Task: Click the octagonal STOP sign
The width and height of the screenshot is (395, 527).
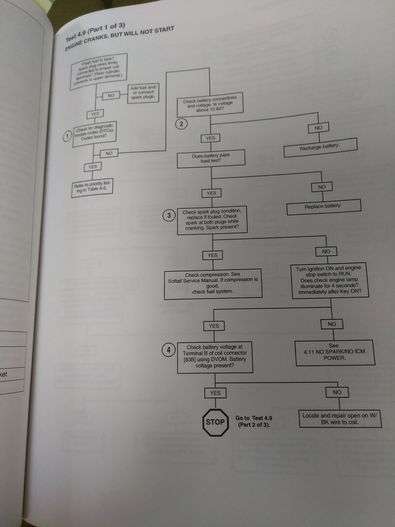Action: point(215,422)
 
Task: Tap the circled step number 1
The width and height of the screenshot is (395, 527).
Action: point(67,136)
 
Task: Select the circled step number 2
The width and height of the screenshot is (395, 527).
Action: point(181,124)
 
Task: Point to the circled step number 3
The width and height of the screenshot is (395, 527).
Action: point(169,216)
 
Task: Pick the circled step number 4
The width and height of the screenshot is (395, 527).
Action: point(169,350)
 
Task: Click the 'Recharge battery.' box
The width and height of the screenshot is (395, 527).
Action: point(320,147)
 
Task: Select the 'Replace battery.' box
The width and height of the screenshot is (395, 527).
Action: point(323,207)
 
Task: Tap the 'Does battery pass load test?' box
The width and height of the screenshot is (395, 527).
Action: point(211,158)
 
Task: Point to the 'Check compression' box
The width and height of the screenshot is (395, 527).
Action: point(213,283)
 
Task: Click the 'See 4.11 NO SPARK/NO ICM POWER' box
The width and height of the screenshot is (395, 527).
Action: point(334,352)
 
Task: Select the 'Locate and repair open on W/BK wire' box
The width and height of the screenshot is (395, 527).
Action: point(340,419)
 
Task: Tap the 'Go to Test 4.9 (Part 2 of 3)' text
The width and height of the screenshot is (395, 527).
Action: point(254,421)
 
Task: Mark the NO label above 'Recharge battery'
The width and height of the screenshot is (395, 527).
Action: point(318,128)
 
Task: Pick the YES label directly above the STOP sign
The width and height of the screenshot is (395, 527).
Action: point(215,393)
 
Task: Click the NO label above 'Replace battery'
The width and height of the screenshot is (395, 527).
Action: point(322,187)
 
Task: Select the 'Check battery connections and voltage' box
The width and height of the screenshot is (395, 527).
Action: point(210,105)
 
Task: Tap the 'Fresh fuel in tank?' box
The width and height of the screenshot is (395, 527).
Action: point(98,71)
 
